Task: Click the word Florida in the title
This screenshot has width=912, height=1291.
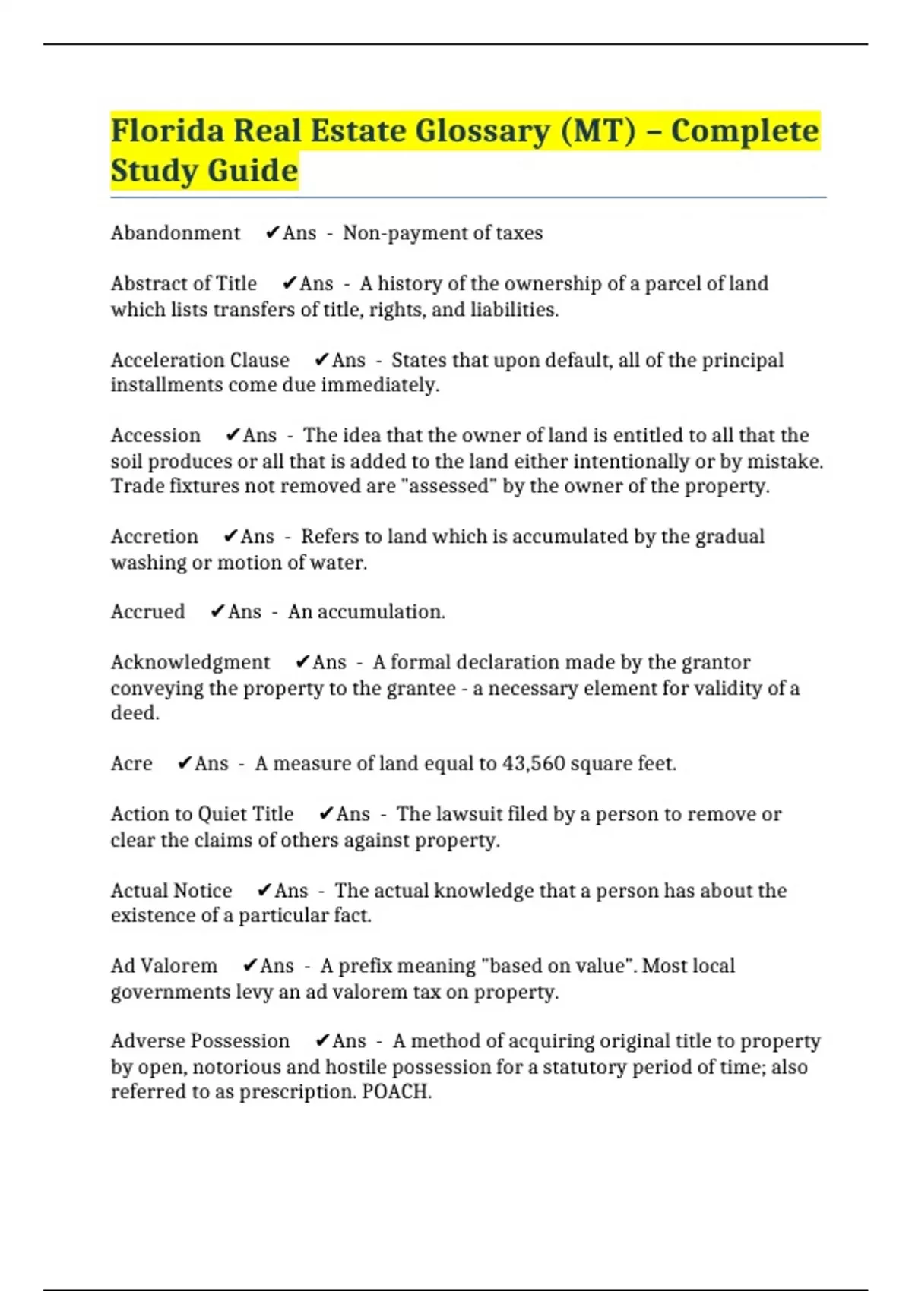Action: (167, 131)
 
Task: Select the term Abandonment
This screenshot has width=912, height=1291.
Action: (175, 232)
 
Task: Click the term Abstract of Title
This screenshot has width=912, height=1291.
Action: (183, 283)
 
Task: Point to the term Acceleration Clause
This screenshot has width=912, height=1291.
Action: (200, 360)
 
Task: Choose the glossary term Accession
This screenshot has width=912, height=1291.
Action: (155, 435)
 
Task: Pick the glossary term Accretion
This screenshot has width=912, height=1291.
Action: (154, 536)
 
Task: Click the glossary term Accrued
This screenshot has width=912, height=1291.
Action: (147, 611)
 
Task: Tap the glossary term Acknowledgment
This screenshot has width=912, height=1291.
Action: (190, 662)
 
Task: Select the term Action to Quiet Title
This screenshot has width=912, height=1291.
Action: (201, 814)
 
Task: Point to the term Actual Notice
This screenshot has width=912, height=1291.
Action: (171, 890)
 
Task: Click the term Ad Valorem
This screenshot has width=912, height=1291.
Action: (163, 966)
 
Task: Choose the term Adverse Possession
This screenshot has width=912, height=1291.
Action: (200, 1040)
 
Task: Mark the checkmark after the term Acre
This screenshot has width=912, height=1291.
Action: (184, 763)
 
